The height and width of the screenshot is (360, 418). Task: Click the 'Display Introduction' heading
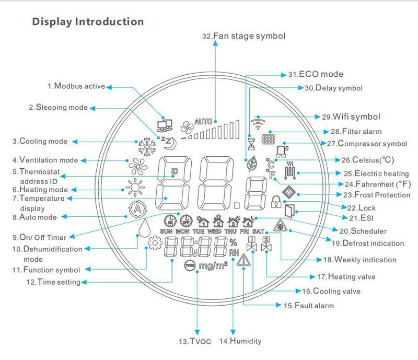[x=88, y=22]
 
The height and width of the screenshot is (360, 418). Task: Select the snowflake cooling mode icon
[x=147, y=146]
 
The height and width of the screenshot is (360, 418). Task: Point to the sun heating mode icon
[x=135, y=188]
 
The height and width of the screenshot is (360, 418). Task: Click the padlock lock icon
[x=276, y=202]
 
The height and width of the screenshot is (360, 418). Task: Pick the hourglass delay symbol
[x=251, y=144]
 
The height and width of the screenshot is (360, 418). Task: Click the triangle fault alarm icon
[x=243, y=260]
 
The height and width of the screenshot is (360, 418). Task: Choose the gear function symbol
[x=155, y=243]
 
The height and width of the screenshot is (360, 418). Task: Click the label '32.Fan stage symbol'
[x=243, y=36]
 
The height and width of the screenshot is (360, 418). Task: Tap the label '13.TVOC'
[x=195, y=341]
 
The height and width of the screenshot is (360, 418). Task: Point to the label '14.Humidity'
[x=240, y=341]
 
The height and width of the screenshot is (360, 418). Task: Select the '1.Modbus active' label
[x=76, y=86]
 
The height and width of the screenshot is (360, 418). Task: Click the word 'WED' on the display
[x=214, y=231]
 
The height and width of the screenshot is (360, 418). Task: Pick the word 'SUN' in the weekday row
[x=166, y=231]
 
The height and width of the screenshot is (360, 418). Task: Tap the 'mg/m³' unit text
[x=213, y=265]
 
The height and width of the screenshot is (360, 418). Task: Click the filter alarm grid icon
[x=268, y=139]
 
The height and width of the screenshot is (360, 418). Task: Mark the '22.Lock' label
[x=361, y=208]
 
